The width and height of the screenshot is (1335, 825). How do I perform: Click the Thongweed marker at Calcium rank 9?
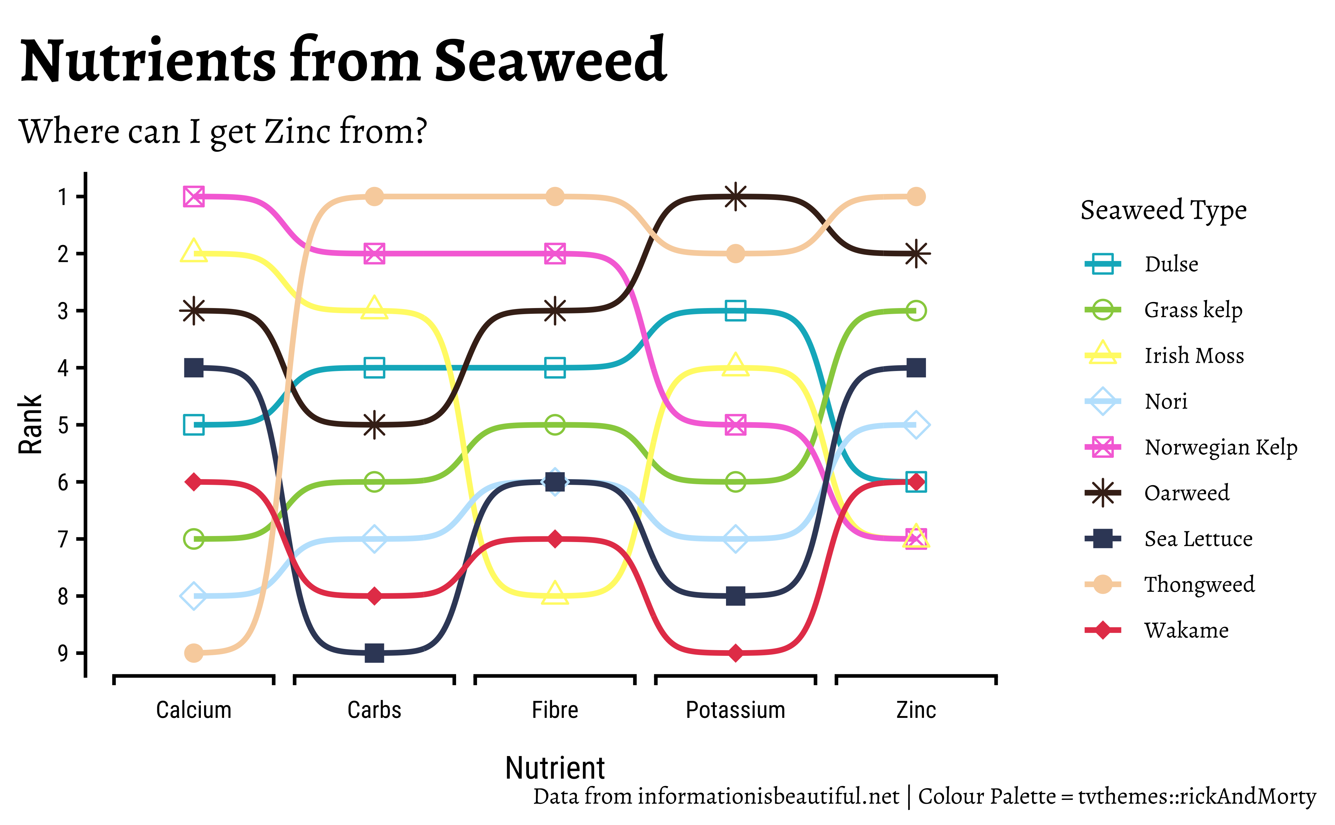click(x=194, y=653)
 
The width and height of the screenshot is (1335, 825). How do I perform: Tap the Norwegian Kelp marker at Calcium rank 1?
click(x=194, y=196)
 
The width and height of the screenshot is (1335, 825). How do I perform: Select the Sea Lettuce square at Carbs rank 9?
click(x=374, y=653)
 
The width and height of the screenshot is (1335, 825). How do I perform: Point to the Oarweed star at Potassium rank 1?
click(x=736, y=196)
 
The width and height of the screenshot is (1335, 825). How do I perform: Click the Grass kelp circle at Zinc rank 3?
click(x=916, y=311)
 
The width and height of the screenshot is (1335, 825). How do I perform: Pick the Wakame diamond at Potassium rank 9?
click(x=736, y=653)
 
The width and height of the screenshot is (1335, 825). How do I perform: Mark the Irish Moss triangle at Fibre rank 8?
click(x=555, y=594)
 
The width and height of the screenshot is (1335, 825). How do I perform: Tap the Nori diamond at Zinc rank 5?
click(x=916, y=424)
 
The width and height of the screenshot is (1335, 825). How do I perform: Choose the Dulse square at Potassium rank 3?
click(x=736, y=311)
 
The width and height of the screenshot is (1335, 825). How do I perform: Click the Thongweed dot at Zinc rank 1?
click(x=916, y=196)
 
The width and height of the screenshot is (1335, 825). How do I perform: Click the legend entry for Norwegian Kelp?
click(x=1221, y=447)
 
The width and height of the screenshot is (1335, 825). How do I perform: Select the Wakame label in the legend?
click(x=1186, y=630)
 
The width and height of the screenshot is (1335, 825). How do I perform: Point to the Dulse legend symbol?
click(x=1103, y=264)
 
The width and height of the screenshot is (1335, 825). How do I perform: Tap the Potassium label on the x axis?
click(x=736, y=710)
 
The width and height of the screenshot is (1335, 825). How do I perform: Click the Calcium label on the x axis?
click(x=194, y=710)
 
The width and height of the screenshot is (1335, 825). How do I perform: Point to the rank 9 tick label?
click(x=63, y=653)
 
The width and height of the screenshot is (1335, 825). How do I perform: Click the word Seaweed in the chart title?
click(x=550, y=61)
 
